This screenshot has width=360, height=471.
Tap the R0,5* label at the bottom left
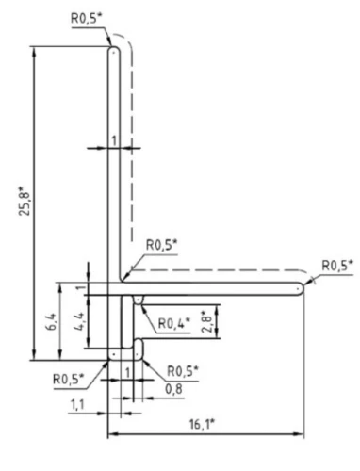coord(69,378)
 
